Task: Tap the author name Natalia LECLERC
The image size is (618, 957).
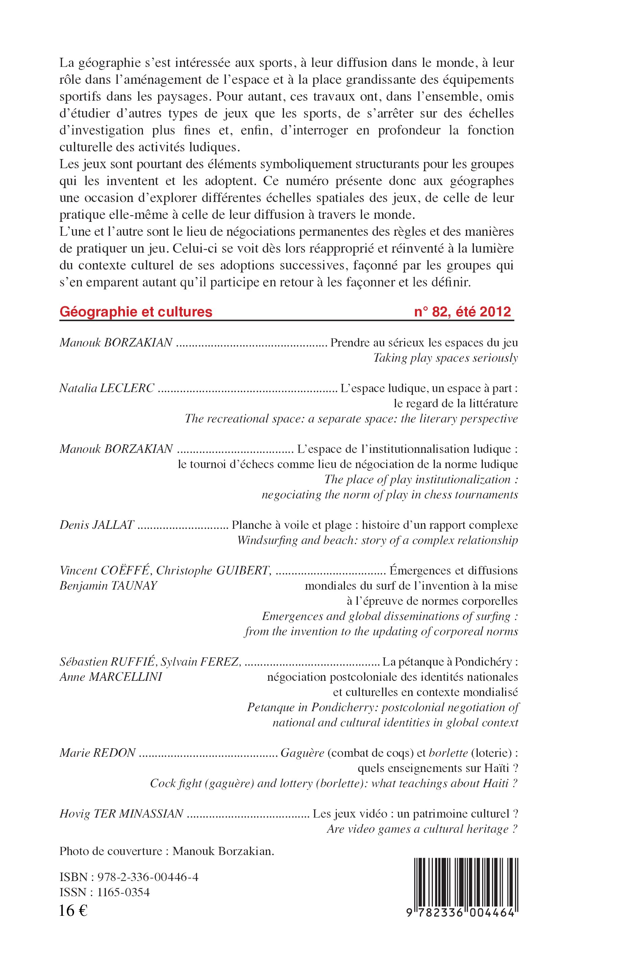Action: coord(107,388)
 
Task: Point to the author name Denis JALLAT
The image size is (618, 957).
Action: coord(96,525)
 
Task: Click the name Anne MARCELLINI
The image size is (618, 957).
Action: coord(110,677)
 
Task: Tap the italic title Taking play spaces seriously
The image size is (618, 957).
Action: coord(445,358)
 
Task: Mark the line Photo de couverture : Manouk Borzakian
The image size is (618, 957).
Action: coord(167,852)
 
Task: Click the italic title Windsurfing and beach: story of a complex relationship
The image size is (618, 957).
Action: coord(377,540)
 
